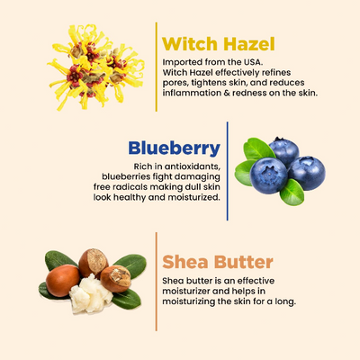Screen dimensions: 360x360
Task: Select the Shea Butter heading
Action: click(217, 263)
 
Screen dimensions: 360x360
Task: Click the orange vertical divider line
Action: click(156, 278)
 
